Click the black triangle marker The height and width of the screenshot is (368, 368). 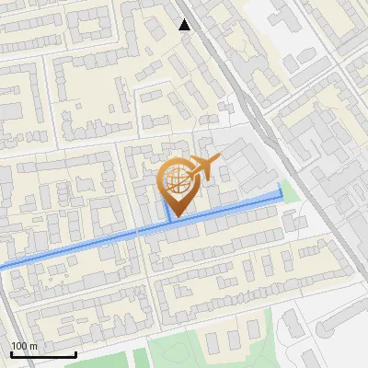(x=185, y=25)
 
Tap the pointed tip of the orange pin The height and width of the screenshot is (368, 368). (x=173, y=217)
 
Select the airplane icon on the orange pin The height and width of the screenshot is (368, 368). (x=200, y=169)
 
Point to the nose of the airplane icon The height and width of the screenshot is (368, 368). (x=217, y=162)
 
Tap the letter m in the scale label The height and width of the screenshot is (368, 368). (x=34, y=346)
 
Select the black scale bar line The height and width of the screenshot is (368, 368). (x=43, y=354)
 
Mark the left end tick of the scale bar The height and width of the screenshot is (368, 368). (x=12, y=352)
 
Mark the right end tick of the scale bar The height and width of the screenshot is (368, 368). (x=75, y=352)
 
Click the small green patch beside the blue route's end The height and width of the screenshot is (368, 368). (x=291, y=191)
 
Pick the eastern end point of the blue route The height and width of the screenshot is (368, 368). (x=282, y=187)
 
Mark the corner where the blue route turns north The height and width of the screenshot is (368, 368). (x=282, y=197)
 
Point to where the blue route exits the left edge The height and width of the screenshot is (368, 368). (x=2, y=267)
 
